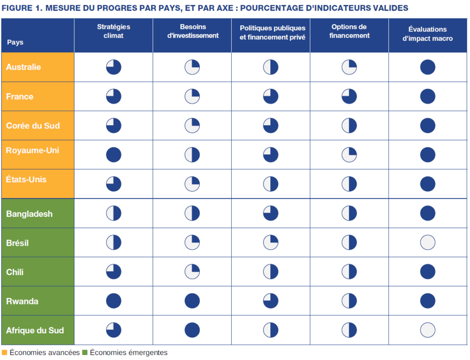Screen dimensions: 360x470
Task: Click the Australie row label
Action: click(x=23, y=67)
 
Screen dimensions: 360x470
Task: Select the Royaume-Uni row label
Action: click(x=33, y=150)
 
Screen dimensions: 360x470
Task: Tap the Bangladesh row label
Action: click(x=29, y=214)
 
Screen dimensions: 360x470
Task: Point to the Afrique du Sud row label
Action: click(x=35, y=330)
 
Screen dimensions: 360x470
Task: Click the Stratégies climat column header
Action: click(x=113, y=31)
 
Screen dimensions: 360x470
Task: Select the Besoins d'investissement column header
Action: click(x=192, y=31)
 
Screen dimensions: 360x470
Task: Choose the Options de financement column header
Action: click(x=349, y=31)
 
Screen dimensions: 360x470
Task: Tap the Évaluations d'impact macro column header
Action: click(x=427, y=34)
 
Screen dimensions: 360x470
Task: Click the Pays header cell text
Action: click(x=15, y=42)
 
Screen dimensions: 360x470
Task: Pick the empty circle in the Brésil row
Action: click(x=427, y=242)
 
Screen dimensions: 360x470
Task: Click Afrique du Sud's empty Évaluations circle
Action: click(x=427, y=330)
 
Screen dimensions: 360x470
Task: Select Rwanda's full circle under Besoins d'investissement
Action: click(x=192, y=301)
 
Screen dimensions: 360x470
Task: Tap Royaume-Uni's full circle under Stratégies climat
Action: click(x=113, y=155)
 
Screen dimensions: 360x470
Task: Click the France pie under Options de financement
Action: click(x=349, y=96)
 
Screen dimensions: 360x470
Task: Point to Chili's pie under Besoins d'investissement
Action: click(x=192, y=272)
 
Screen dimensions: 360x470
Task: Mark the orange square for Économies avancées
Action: click(x=4, y=353)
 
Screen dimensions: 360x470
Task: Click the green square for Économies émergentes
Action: click(x=84, y=353)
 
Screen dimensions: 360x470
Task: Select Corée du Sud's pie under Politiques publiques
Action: click(x=271, y=125)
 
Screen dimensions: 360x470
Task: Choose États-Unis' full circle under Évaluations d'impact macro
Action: click(x=427, y=184)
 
